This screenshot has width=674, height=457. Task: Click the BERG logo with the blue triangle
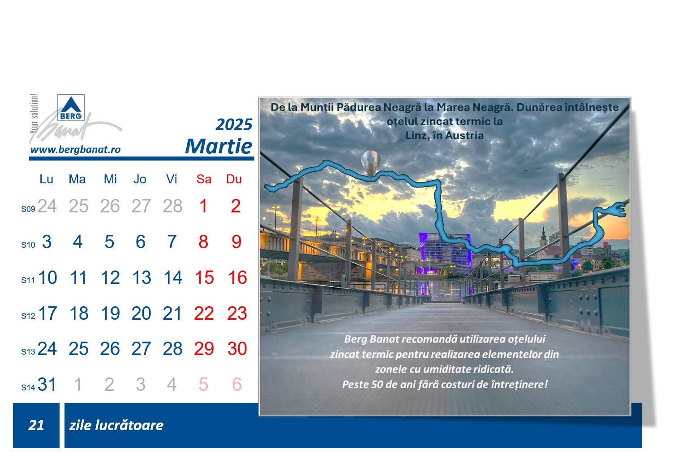click(x=71, y=108)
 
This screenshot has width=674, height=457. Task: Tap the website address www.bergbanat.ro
click(x=76, y=149)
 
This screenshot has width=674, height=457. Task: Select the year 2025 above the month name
click(x=234, y=124)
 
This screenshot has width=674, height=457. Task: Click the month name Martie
click(x=219, y=146)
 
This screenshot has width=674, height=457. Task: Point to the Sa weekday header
click(x=204, y=179)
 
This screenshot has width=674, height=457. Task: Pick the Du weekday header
click(x=234, y=179)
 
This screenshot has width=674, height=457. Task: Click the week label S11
click(x=28, y=280)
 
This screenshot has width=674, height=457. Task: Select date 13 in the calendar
click(x=142, y=277)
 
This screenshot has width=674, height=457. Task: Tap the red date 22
click(x=204, y=313)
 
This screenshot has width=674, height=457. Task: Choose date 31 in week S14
click(x=47, y=384)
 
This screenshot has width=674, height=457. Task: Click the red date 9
click(x=236, y=241)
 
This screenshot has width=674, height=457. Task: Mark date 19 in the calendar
click(x=110, y=313)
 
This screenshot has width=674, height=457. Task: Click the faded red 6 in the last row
click(x=237, y=384)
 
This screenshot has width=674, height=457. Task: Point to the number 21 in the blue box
click(x=36, y=425)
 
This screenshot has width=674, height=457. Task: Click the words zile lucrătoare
click(x=116, y=425)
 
